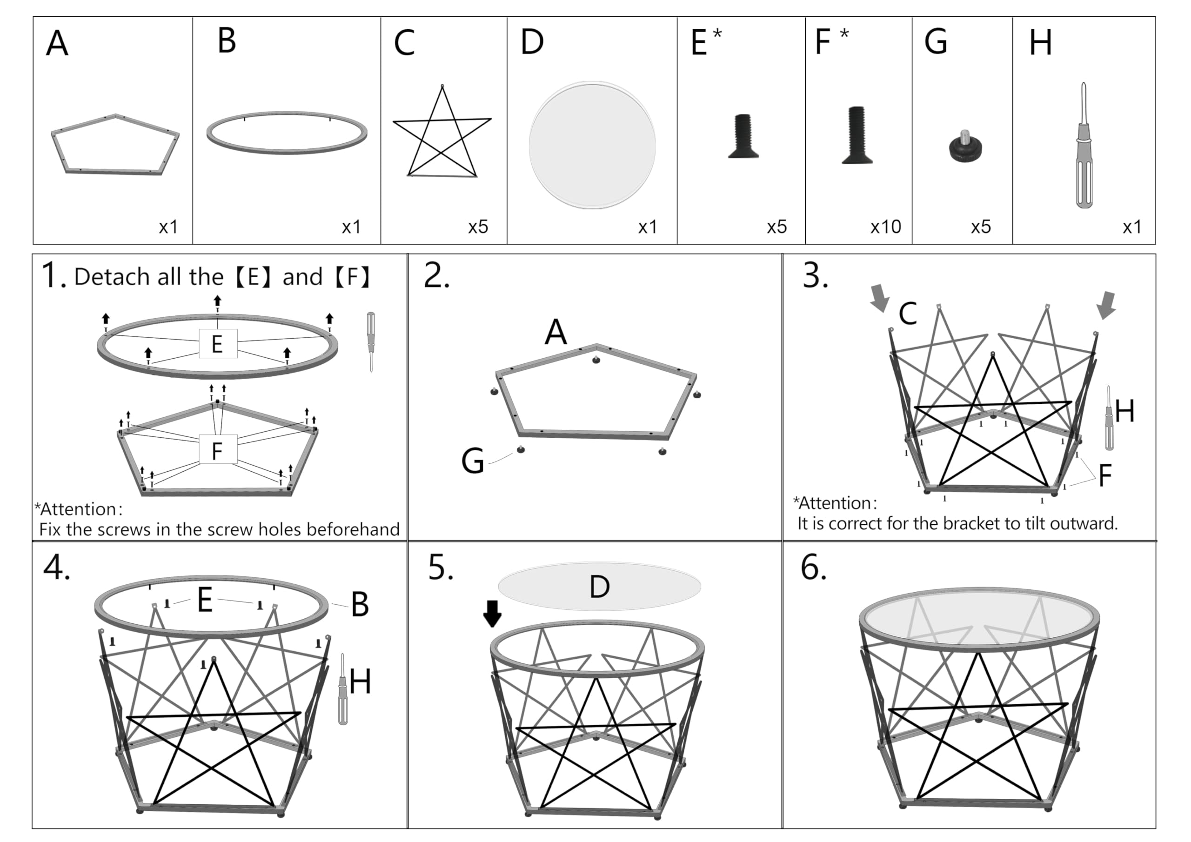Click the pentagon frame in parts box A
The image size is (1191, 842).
click(x=67, y=156)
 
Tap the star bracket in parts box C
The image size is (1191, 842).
click(x=442, y=120)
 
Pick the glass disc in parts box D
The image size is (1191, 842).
click(x=592, y=145)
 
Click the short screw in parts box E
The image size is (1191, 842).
click(x=744, y=136)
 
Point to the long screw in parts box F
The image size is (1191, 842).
click(x=856, y=135)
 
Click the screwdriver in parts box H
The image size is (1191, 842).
click(x=1084, y=145)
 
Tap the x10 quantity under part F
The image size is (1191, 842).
click(x=885, y=227)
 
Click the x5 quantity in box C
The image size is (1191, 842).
click(x=478, y=227)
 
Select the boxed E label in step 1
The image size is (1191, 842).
click(x=218, y=344)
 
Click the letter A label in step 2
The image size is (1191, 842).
click(x=555, y=332)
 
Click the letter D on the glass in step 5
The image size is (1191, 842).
click(x=600, y=587)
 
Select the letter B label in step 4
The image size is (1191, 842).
click(x=360, y=604)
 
